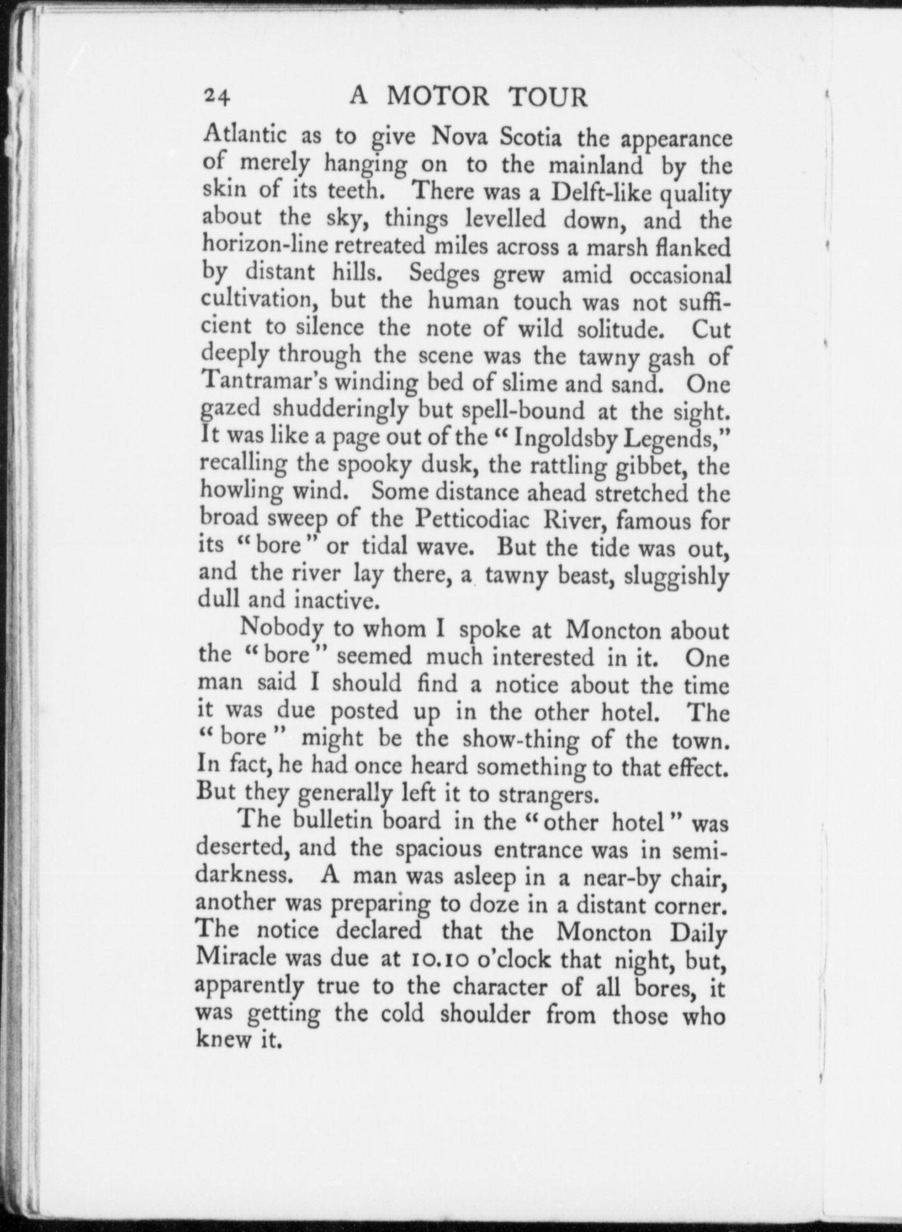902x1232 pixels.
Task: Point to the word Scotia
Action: tap(530, 137)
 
